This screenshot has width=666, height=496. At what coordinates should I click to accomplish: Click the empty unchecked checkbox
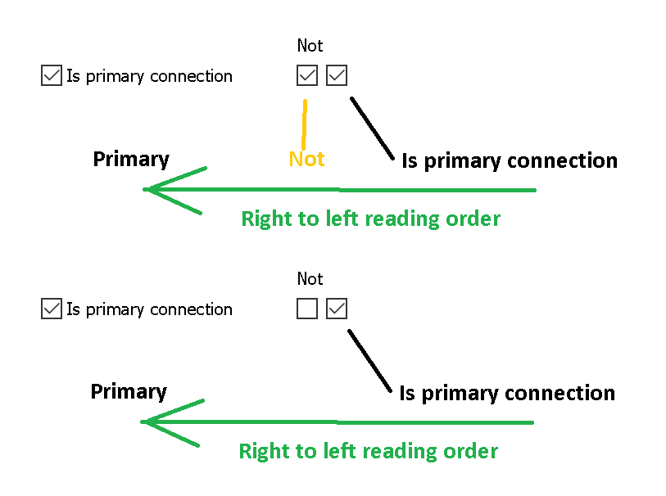click(307, 309)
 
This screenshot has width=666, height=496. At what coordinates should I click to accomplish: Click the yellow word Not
click(307, 159)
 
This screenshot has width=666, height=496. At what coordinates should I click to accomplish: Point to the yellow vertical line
click(305, 123)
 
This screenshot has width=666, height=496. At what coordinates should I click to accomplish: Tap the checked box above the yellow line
click(307, 76)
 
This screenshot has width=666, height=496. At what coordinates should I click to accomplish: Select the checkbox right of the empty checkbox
click(337, 309)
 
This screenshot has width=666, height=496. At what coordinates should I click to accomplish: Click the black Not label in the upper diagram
click(310, 46)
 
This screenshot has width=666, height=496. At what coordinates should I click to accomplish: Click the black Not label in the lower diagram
click(310, 279)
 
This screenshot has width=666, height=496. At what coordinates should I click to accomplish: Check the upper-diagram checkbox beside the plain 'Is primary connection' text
click(52, 76)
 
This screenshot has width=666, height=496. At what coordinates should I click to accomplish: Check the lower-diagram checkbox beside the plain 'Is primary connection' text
click(52, 309)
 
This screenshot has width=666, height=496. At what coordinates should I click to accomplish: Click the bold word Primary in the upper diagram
click(131, 159)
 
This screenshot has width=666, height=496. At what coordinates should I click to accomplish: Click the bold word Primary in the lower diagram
click(129, 392)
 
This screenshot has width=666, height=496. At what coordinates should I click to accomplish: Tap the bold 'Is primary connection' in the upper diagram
click(509, 161)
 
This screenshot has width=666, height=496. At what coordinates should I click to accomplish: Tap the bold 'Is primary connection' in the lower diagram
click(507, 394)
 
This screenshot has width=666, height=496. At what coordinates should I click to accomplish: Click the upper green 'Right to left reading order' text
click(370, 219)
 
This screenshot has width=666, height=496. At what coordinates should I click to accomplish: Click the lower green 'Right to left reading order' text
click(368, 451)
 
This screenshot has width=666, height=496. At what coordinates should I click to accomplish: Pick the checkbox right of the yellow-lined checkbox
click(337, 76)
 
